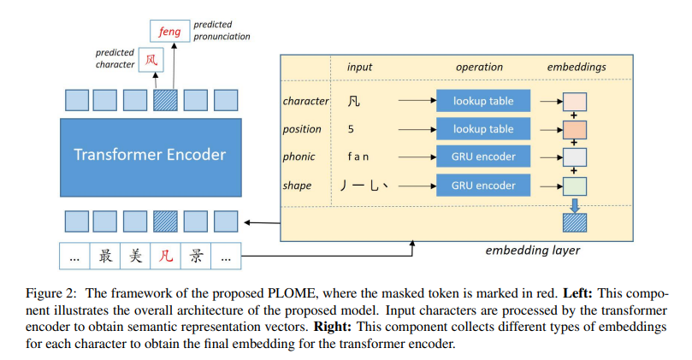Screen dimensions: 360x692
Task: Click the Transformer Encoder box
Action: coord(150,155)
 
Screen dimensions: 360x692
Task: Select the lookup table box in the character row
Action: coord(483,101)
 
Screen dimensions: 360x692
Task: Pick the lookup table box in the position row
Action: coord(483,129)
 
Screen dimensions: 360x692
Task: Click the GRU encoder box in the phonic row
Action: coord(483,156)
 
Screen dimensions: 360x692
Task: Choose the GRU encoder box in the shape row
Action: coord(483,185)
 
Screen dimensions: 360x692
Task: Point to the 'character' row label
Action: coord(305,101)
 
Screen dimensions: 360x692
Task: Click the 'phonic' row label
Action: coord(299,156)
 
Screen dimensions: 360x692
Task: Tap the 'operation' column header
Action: coord(479,67)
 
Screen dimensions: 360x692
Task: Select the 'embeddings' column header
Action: coord(575,67)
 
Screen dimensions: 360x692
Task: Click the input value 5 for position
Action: coord(351,129)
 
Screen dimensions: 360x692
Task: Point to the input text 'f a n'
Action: coord(358,156)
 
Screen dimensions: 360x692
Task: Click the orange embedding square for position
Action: coord(574,130)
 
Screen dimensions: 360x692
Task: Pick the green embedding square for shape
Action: coord(574,186)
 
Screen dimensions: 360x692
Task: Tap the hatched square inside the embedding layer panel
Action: coord(574,224)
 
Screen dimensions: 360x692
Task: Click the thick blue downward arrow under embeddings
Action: coord(574,205)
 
